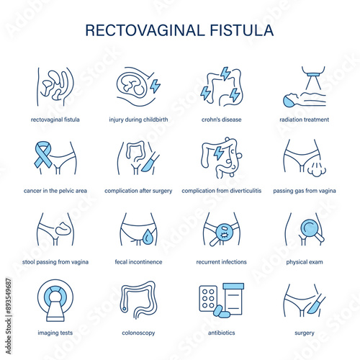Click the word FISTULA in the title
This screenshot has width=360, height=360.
242,30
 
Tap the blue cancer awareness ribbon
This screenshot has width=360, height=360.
43,154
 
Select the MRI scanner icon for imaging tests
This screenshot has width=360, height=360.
55,300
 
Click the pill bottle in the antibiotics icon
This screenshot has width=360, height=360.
233,299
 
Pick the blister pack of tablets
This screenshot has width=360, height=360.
208,298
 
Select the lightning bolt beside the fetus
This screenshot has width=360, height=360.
155,86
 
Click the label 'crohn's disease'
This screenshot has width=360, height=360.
221,120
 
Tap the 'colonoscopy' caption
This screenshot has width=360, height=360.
138,333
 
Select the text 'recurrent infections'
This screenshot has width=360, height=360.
221,262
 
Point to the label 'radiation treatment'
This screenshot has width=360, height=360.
304,120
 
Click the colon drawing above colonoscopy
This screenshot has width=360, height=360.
138,300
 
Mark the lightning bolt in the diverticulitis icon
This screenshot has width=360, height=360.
218,153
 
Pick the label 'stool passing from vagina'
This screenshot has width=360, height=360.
55,262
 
